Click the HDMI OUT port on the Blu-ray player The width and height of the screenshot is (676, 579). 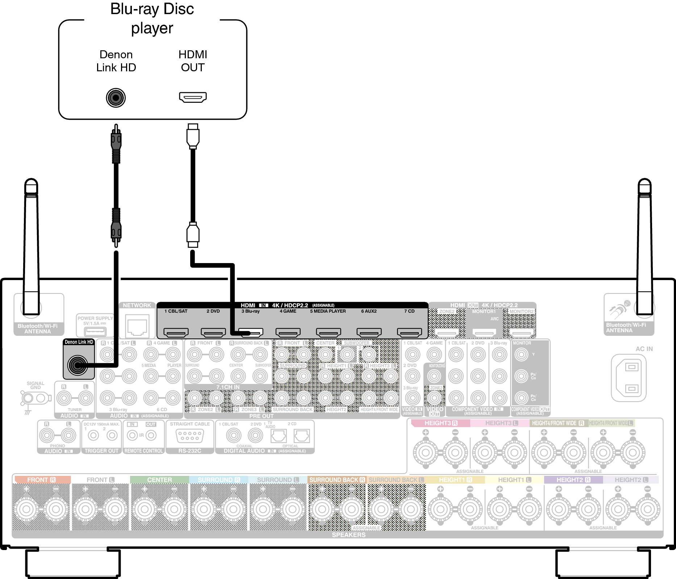click(x=193, y=97)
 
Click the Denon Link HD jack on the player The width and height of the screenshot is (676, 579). click(x=116, y=98)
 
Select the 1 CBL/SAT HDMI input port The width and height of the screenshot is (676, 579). click(x=176, y=332)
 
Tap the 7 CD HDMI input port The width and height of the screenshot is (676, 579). click(x=409, y=332)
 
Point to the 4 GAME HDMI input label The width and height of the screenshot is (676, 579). click(x=288, y=311)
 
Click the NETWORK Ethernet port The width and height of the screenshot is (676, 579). click(x=137, y=326)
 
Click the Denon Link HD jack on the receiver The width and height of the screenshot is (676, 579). click(x=78, y=365)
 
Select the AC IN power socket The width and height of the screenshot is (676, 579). click(x=629, y=378)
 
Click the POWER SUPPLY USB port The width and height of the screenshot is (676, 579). click(x=95, y=331)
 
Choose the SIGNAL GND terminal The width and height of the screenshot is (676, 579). click(x=35, y=398)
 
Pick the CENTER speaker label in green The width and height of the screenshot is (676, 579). click(x=159, y=480)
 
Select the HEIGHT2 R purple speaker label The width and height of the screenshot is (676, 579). click(x=573, y=480)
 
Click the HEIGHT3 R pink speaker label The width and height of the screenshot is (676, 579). click(x=441, y=423)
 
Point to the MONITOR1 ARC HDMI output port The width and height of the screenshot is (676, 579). click(x=484, y=332)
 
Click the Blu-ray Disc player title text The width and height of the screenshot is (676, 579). click(x=152, y=18)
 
